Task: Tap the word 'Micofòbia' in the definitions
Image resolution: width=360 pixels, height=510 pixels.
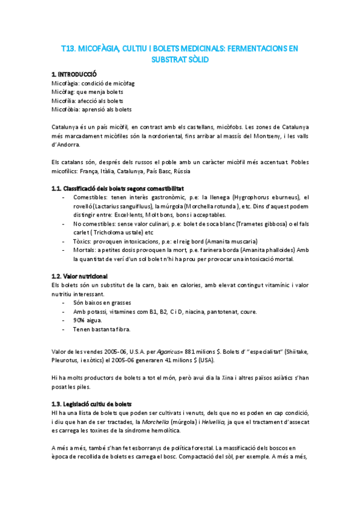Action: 64,109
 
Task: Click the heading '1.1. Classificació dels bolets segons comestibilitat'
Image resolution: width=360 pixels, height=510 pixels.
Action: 118,188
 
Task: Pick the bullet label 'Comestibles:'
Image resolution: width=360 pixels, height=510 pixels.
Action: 91,197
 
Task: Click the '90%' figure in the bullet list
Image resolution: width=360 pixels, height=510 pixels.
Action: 81,321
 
